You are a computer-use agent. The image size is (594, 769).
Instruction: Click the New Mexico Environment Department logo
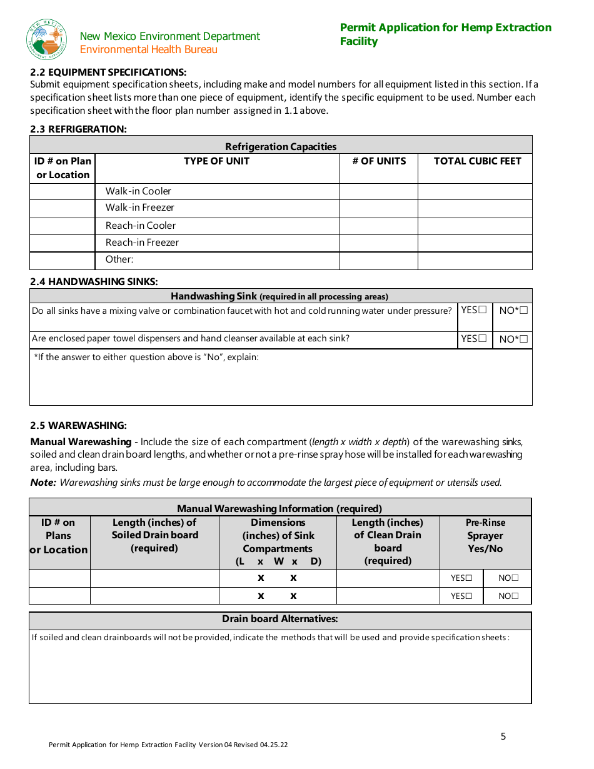(x=46, y=39)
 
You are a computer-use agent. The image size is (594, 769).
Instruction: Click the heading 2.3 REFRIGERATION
(x=78, y=129)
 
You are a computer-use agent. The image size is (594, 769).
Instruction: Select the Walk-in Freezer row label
(x=139, y=208)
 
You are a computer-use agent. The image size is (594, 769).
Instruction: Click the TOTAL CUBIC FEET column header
(x=477, y=161)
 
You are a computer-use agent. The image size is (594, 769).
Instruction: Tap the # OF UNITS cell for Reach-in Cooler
(x=378, y=226)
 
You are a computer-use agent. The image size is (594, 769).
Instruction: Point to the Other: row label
(x=119, y=259)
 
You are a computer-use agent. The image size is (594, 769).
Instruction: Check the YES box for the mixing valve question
(x=482, y=310)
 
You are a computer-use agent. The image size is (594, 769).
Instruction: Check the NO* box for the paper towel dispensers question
(x=524, y=339)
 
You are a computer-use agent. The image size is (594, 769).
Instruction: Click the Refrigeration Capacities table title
(x=281, y=146)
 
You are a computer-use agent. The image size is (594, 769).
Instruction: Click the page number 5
(x=503, y=736)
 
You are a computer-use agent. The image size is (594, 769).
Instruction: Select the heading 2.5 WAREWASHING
(x=78, y=426)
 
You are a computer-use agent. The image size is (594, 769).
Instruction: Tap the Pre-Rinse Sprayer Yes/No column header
(x=485, y=536)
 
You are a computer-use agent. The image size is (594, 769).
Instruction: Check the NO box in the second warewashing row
(x=515, y=596)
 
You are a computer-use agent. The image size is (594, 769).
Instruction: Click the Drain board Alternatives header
(x=280, y=619)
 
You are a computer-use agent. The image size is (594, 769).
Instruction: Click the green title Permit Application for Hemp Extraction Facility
(x=445, y=34)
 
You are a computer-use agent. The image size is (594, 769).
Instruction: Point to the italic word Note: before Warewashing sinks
(x=43, y=483)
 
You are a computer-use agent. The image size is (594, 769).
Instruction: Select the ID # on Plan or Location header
(x=63, y=168)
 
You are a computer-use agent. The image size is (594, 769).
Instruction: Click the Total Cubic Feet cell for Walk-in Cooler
(x=475, y=191)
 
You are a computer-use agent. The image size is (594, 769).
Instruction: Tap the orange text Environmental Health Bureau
(x=149, y=50)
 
